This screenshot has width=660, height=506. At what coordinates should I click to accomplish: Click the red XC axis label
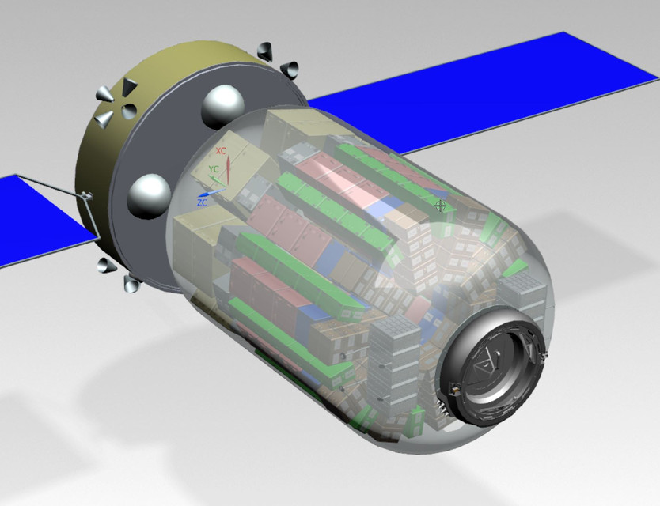click(x=222, y=150)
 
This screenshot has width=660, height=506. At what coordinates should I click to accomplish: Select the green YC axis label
click(x=214, y=169)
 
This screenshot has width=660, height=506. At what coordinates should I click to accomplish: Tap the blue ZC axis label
click(x=203, y=202)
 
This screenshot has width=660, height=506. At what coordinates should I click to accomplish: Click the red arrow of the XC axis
click(x=229, y=168)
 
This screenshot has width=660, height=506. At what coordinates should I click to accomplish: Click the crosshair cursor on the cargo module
click(x=441, y=206)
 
